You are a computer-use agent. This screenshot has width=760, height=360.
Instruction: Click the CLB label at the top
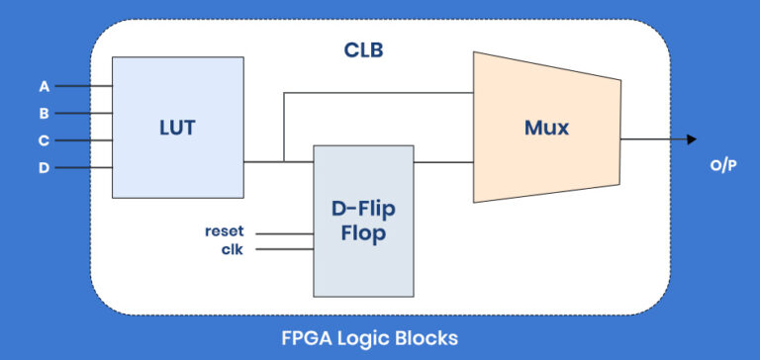pos(363,49)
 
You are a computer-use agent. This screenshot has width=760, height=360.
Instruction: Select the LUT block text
pos(177,127)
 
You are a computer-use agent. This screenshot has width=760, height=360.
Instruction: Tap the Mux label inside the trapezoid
pos(546,127)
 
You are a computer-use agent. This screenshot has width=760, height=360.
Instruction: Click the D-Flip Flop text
pos(363,220)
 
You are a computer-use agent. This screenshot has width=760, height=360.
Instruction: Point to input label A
pos(44,86)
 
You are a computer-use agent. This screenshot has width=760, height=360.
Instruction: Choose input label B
pos(44,113)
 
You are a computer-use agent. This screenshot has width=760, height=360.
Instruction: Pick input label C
pos(44,140)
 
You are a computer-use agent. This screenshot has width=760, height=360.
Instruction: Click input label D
pos(44,168)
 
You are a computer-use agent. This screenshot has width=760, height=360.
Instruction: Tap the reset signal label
pos(224,231)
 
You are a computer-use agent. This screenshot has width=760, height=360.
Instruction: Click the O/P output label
pos(722,165)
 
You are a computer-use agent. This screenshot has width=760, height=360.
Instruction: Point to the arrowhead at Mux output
pos(691,139)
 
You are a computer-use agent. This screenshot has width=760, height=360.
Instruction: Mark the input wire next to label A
pos(83,86)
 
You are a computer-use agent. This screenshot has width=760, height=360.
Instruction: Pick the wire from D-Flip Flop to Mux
pos(443,161)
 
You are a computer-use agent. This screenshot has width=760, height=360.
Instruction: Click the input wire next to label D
pos(83,168)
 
